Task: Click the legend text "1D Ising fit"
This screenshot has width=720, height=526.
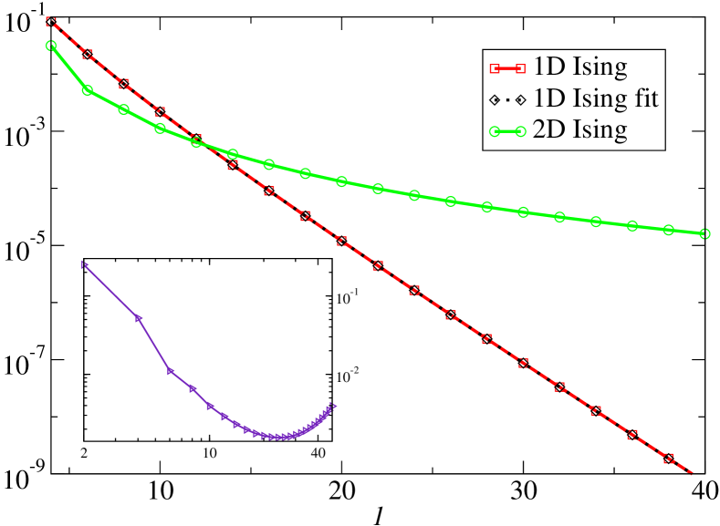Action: (x=595, y=98)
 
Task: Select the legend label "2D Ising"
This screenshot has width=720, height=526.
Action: (x=580, y=129)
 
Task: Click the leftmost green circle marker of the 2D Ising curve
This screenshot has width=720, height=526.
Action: (x=51, y=46)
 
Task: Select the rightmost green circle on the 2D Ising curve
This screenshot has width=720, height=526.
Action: (x=704, y=234)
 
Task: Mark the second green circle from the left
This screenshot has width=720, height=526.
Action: (x=88, y=90)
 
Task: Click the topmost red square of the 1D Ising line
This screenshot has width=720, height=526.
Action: (x=51, y=22)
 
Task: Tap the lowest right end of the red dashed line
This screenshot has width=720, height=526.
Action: (x=691, y=473)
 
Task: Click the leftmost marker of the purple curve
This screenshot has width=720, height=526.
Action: (x=84, y=265)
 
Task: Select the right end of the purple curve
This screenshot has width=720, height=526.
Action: (x=334, y=406)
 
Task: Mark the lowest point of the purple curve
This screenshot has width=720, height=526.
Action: (x=281, y=437)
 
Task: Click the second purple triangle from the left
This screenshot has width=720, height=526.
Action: (x=139, y=318)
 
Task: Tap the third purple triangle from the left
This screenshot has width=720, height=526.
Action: (x=171, y=370)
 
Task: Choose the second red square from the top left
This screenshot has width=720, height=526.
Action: (x=88, y=54)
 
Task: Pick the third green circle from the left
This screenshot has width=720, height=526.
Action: (x=124, y=109)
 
